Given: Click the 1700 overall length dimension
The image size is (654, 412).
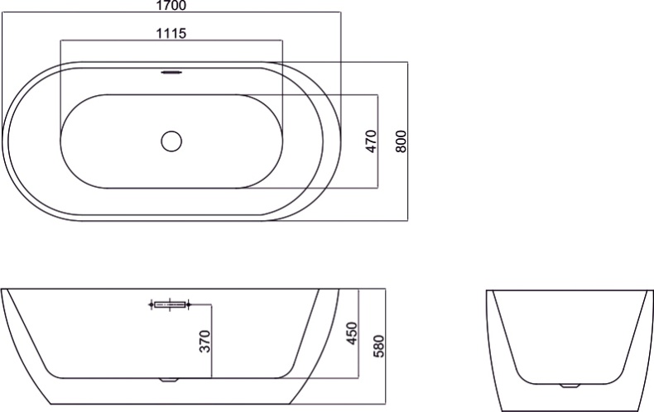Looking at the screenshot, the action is click(171, 6).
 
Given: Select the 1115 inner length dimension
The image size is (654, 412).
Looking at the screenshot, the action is click(171, 33).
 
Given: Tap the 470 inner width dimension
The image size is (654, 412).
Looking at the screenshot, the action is click(371, 141).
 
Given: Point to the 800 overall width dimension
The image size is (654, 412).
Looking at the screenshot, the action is click(401, 141).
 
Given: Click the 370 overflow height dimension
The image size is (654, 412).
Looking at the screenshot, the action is click(204, 342).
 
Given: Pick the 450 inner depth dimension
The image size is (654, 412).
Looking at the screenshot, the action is click(352, 333).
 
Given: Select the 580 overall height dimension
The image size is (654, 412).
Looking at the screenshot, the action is click(377, 346).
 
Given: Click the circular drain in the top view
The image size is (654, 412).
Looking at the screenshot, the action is click(171, 141).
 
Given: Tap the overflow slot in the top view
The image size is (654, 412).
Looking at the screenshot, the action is click(171, 72).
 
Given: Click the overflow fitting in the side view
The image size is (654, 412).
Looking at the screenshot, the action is click(170, 304).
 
